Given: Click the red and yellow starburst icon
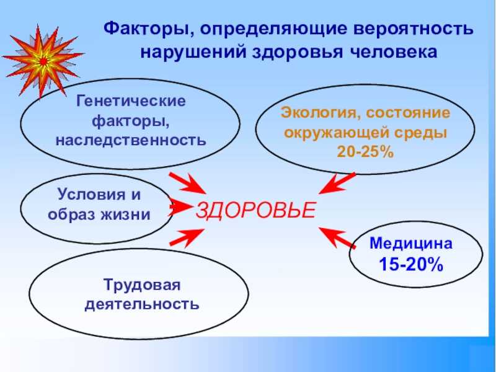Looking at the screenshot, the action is (43, 61).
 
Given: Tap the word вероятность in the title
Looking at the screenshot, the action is (414, 29).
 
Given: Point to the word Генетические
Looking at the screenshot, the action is (131, 101).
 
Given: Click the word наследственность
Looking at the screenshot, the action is (131, 140).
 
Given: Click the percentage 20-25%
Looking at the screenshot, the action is (365, 151).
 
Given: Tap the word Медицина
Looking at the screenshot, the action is (411, 243).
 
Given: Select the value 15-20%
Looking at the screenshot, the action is (411, 264).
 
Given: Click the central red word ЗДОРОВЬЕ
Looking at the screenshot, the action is (255, 210).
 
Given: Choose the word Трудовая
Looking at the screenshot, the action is (142, 285).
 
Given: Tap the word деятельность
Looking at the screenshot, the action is (142, 304).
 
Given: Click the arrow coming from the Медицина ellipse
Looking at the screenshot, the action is (337, 237).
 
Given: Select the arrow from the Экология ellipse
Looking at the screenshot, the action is (337, 183).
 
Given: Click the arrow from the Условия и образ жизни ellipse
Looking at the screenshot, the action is (180, 207).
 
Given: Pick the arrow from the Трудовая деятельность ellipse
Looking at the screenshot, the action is (187, 237).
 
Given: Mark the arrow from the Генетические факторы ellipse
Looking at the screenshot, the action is (188, 184).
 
